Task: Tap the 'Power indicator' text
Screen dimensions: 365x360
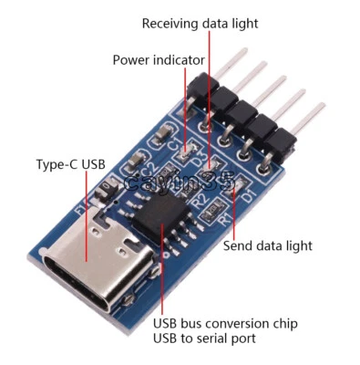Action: point(159,60)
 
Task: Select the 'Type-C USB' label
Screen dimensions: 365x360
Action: point(70,165)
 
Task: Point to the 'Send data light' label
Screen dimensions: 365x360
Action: point(268,245)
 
